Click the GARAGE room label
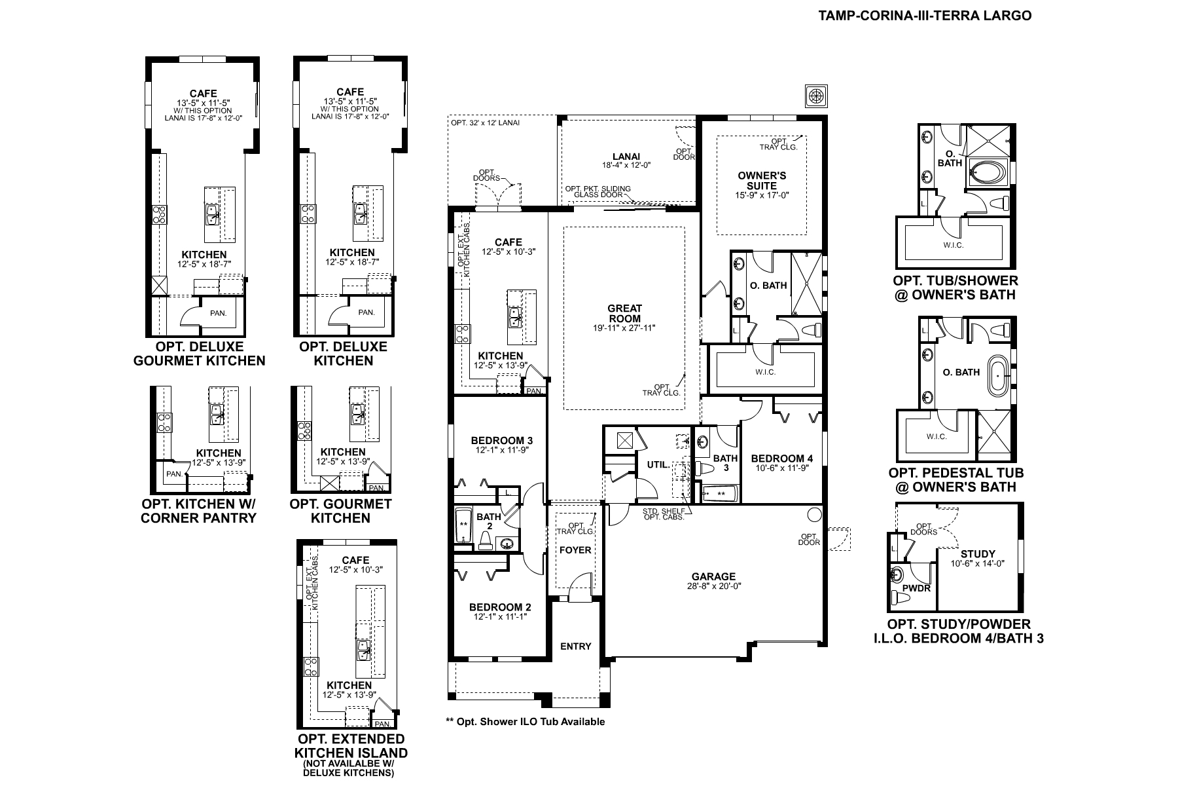pyautogui.click(x=713, y=577)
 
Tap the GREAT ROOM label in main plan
pyautogui.click(x=625, y=313)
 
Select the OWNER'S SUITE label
pyautogui.click(x=762, y=181)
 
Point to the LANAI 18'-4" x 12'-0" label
pyautogui.click(x=626, y=160)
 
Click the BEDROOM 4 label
pyautogui.click(x=782, y=458)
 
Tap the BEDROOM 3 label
pyautogui.click(x=502, y=440)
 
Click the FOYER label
pyautogui.click(x=575, y=550)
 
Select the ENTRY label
pyautogui.click(x=576, y=646)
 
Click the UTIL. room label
pyautogui.click(x=658, y=464)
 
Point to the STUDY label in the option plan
pyautogui.click(x=978, y=554)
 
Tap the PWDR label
pyautogui.click(x=916, y=588)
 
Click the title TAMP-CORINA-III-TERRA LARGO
pyautogui.click(x=925, y=15)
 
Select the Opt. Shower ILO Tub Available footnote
pyautogui.click(x=526, y=722)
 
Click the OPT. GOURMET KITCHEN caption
pyautogui.click(x=341, y=511)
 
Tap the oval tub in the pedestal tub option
pyautogui.click(x=997, y=375)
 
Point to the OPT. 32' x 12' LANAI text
pyautogui.click(x=486, y=122)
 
